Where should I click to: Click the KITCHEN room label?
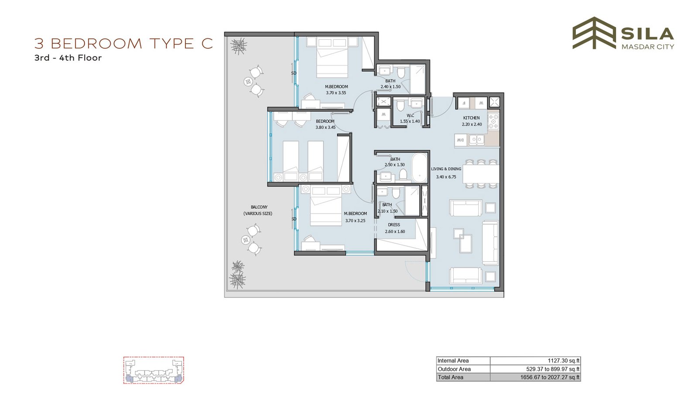(x=471, y=118)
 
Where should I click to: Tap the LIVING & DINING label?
(x=446, y=169)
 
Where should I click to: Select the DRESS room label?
(x=394, y=224)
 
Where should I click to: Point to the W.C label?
(x=410, y=116)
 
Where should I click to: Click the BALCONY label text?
(x=259, y=207)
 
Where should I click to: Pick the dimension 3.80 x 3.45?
(x=325, y=127)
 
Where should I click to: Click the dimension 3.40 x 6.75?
(x=446, y=177)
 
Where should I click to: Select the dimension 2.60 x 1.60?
(x=395, y=231)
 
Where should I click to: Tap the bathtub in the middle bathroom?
(x=419, y=168)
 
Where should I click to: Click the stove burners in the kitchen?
(x=493, y=121)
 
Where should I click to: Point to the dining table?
(x=481, y=174)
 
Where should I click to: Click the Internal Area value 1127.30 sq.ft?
(x=563, y=361)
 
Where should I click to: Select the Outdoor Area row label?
(x=454, y=369)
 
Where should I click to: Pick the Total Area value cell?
(x=535, y=377)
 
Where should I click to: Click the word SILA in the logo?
(x=647, y=34)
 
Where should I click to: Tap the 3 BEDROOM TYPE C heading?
(x=124, y=44)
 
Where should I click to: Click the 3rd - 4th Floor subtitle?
(x=68, y=58)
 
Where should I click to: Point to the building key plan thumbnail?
(x=154, y=370)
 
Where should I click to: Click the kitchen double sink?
(x=476, y=139)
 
